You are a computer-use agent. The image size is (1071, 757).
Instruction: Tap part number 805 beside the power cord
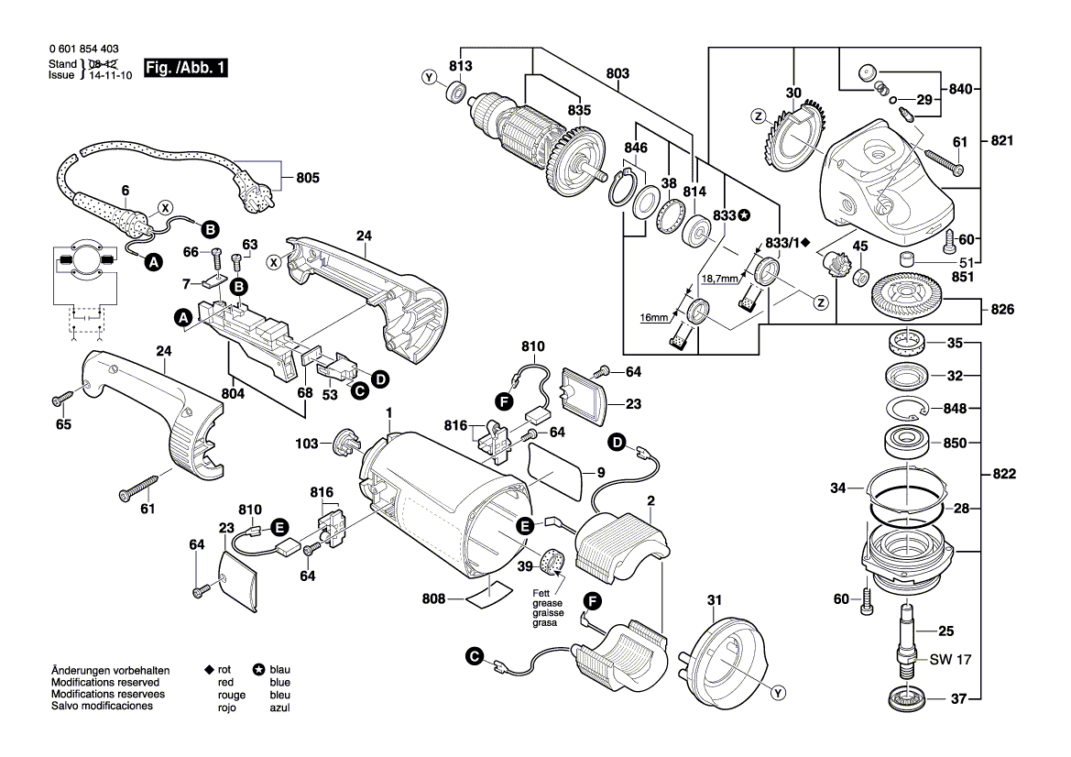click(x=307, y=178)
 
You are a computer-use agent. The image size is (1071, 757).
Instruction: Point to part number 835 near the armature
click(x=578, y=110)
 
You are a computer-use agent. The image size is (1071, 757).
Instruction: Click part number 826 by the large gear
click(x=1001, y=310)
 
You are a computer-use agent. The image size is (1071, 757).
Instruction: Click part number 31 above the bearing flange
click(x=714, y=600)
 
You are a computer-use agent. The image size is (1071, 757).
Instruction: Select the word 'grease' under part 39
click(x=549, y=604)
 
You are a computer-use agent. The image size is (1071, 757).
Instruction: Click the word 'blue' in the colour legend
click(x=279, y=683)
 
